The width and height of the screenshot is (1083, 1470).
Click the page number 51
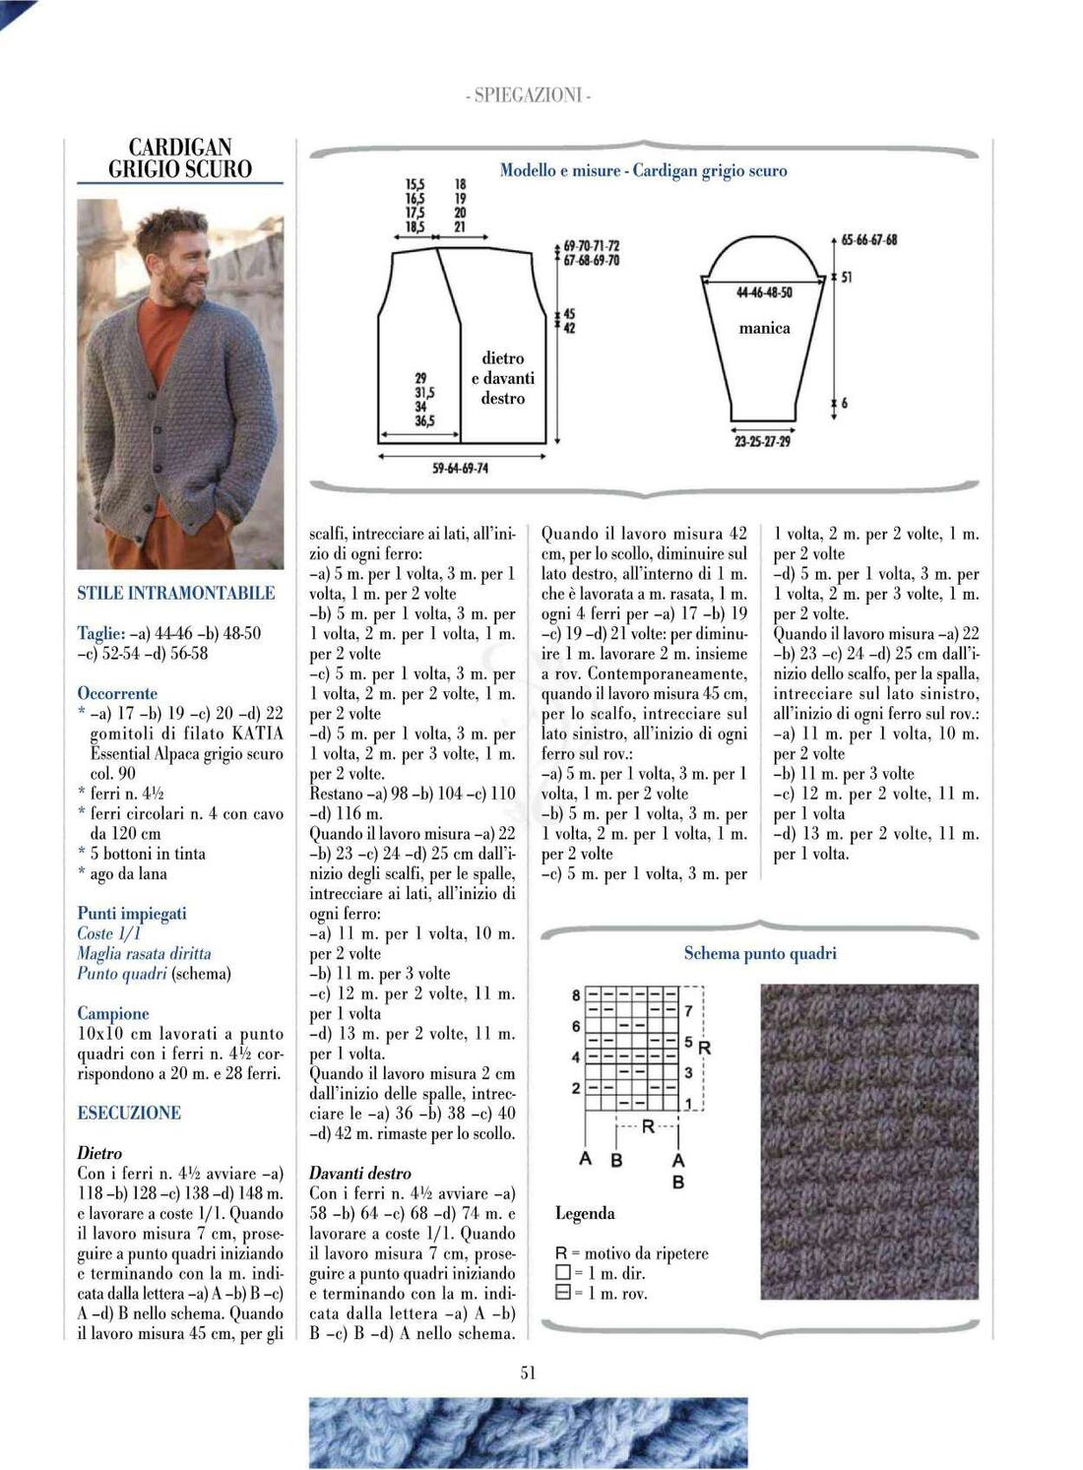[x=528, y=1372]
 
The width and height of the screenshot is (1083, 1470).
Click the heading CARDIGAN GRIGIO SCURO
[x=180, y=159]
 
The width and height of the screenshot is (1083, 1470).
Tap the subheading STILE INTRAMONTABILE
[x=176, y=593]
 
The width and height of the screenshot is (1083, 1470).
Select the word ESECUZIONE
[x=129, y=1113]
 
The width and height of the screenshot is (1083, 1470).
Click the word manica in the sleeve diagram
[x=764, y=328]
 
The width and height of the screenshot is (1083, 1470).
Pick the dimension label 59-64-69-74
[x=460, y=468]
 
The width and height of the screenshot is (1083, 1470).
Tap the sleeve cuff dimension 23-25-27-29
[x=762, y=441]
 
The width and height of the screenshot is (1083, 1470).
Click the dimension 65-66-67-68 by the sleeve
[x=869, y=239]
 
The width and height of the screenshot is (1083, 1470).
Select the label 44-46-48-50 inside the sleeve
[x=764, y=292]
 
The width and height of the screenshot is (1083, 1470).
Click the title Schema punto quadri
[x=760, y=953]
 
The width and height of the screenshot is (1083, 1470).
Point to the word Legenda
[x=585, y=1213]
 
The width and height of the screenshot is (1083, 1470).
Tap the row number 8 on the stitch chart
[x=576, y=995]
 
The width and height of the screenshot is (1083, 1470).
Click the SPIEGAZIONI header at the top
[x=528, y=96]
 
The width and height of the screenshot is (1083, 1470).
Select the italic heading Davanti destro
[x=360, y=1173]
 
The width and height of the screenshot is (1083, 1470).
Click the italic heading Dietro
[x=99, y=1152]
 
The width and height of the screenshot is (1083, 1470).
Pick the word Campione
[x=113, y=1013]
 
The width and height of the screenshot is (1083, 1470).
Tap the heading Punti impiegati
[x=132, y=913]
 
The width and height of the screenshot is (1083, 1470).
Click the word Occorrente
[x=117, y=693]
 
